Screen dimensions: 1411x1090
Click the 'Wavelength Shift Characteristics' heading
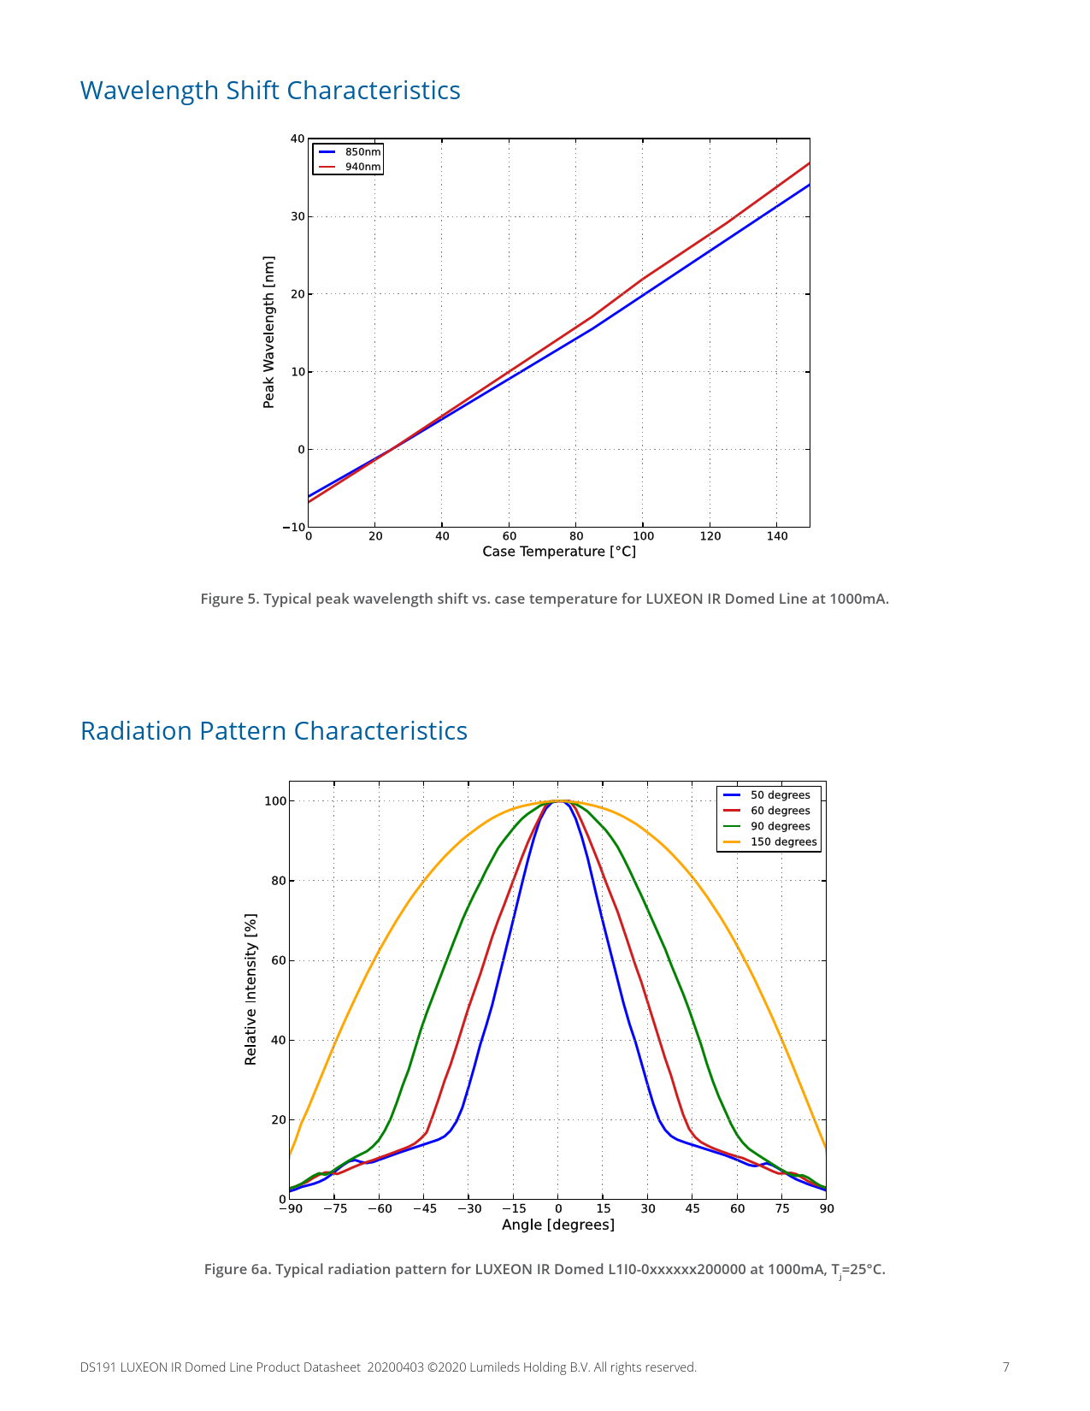[x=270, y=91]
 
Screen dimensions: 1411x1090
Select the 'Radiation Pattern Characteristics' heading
[x=274, y=731]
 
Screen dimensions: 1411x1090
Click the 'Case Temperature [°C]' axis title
[x=559, y=552]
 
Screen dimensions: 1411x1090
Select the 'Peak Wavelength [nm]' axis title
[x=269, y=332]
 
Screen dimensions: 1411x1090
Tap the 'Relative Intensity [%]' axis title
[x=250, y=989]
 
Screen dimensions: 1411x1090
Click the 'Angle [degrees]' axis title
[x=558, y=1225]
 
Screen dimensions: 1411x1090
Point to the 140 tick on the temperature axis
[x=777, y=536]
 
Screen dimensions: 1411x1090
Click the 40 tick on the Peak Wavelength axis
[x=297, y=139]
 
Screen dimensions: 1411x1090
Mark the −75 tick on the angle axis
[x=334, y=1208]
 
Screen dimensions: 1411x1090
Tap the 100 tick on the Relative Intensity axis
[x=274, y=801]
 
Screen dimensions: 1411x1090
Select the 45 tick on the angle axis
[x=692, y=1208]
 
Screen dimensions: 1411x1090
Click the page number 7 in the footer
[x=1006, y=1367]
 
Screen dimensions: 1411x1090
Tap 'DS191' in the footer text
[x=97, y=1367]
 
